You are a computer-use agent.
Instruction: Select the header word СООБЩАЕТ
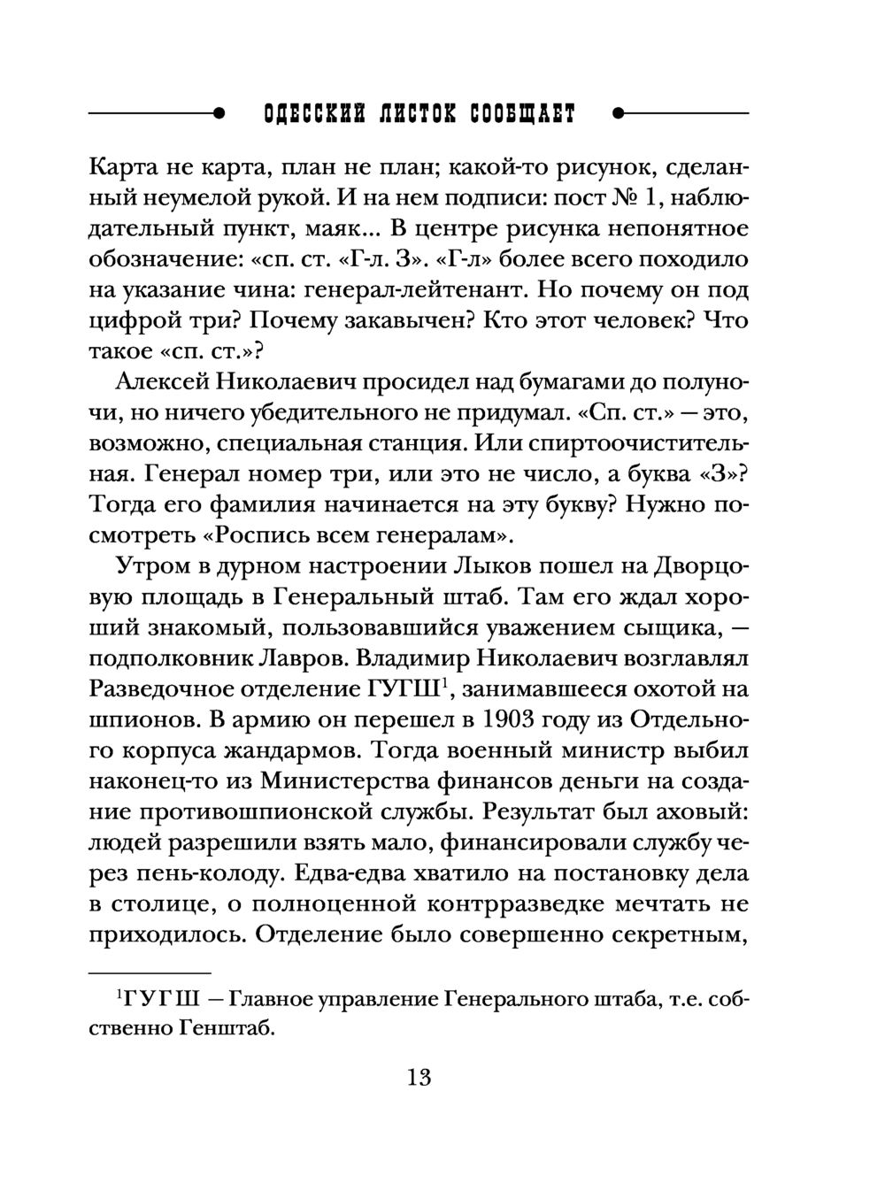click(523, 115)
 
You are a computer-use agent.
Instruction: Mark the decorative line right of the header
click(681, 114)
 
